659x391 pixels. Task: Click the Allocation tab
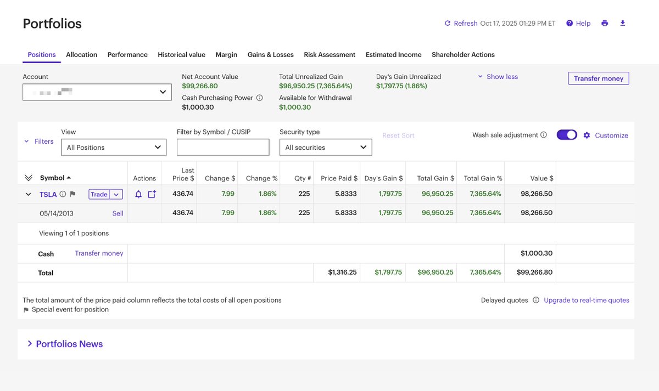81,55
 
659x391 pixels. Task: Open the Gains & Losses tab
270,55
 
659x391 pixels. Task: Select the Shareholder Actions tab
463,55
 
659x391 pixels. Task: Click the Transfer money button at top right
598,78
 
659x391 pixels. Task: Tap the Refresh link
461,24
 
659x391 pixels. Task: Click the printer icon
605,23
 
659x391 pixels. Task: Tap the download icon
622,23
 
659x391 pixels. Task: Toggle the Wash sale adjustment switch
567,135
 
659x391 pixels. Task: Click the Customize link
611,135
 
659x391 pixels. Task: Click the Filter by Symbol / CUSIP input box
223,147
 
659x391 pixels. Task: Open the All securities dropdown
326,147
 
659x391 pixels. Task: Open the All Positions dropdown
114,147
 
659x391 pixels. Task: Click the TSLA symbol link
48,194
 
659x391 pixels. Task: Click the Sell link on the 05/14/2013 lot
118,213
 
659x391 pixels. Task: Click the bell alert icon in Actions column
138,194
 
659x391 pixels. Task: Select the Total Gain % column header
483,178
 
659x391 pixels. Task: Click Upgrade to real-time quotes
586,301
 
